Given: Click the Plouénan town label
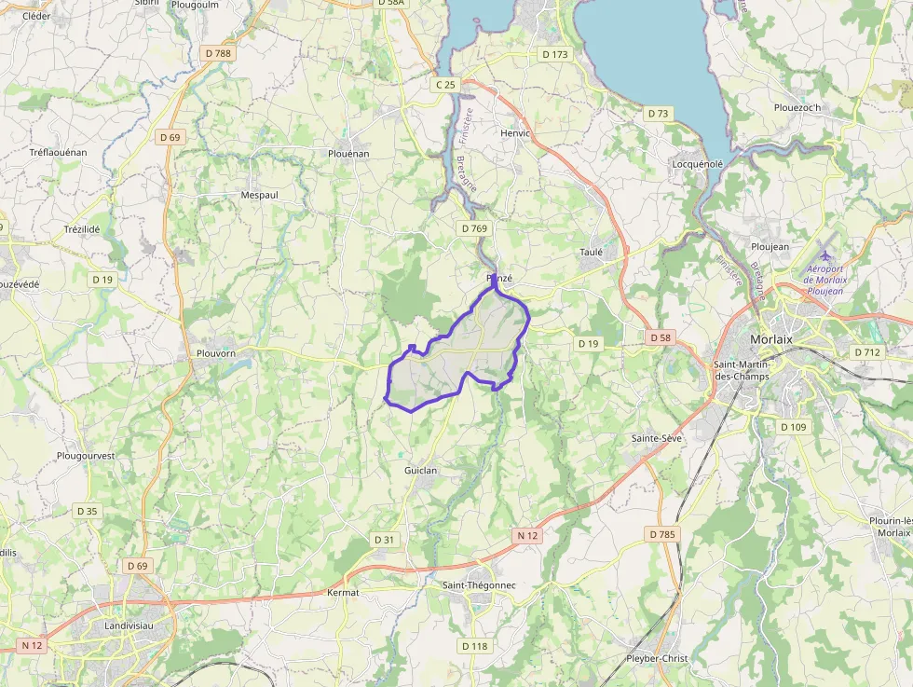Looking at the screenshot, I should pos(349,153).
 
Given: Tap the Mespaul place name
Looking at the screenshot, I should pos(260,195).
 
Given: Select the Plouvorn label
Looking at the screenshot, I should pos(218,353).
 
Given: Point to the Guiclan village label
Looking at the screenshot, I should pos(420,471).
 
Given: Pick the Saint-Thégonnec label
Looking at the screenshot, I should pos(479,584).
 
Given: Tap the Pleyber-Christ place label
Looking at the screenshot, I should pos(657,658).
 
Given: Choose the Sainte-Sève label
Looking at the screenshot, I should pos(656,437).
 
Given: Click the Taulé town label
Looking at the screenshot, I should pos(591,252).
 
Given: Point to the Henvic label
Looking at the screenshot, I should pos(515,133).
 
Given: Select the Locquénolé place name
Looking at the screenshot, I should pos(698,164).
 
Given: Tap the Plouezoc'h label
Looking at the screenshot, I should pos(797,107).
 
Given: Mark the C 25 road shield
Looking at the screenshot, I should pos(445,85).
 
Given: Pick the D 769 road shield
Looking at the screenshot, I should pos(473,227).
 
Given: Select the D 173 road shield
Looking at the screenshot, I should pos(554,54).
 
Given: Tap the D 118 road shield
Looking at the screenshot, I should pos(473,646).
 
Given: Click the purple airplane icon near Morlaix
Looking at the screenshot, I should pos(825,254).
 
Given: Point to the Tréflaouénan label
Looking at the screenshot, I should pos(58,152).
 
